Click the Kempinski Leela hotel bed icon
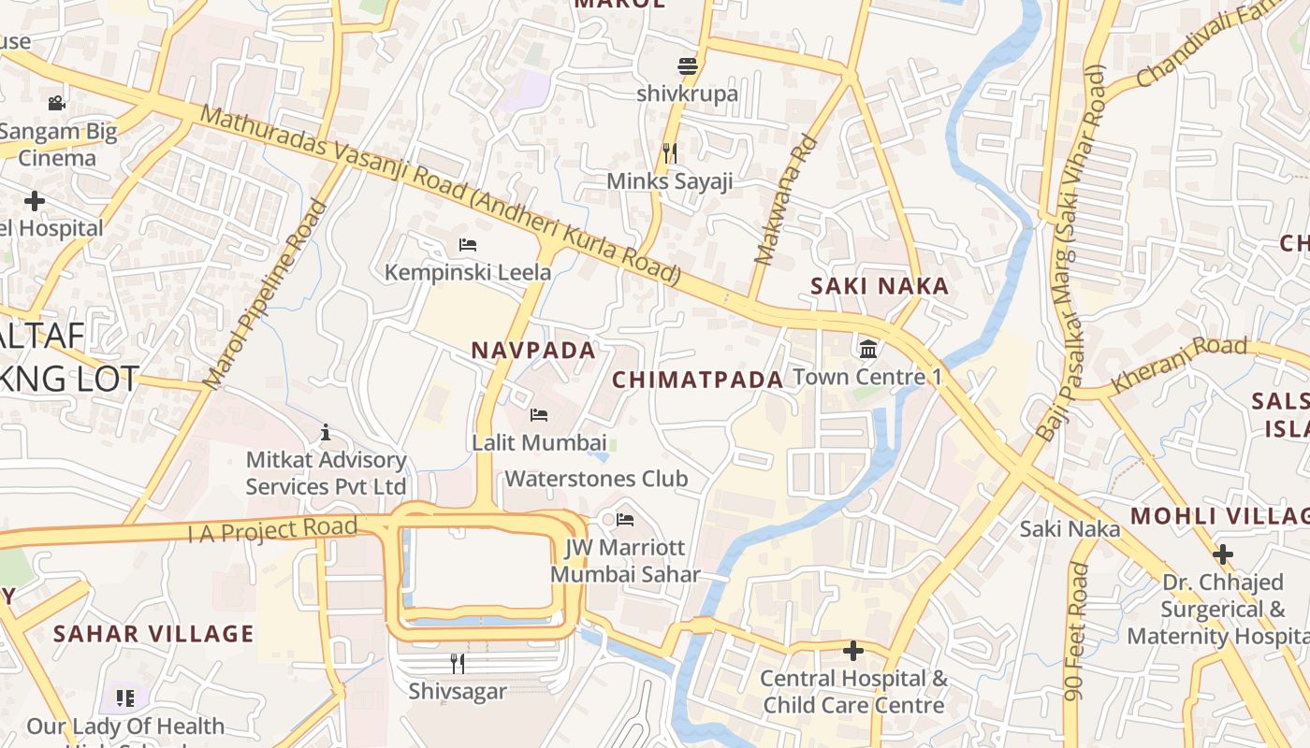click(468, 245)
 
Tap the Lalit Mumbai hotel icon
click(539, 414)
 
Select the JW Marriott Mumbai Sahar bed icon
click(625, 520)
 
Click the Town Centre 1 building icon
click(867, 350)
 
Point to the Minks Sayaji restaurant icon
click(670, 152)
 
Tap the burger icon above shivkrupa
click(688, 66)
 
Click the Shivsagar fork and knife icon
click(458, 664)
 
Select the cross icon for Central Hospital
click(852, 651)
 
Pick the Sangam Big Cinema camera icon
click(56, 103)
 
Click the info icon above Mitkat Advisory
click(326, 432)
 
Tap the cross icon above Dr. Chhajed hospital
click(1222, 554)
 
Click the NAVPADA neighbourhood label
click(533, 351)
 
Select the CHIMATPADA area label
click(698, 380)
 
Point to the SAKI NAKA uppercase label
click(880, 286)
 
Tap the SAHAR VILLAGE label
click(153, 634)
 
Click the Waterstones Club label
click(596, 479)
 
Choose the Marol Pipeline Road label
click(266, 295)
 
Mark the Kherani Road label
click(1179, 364)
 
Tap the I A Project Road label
click(272, 530)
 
